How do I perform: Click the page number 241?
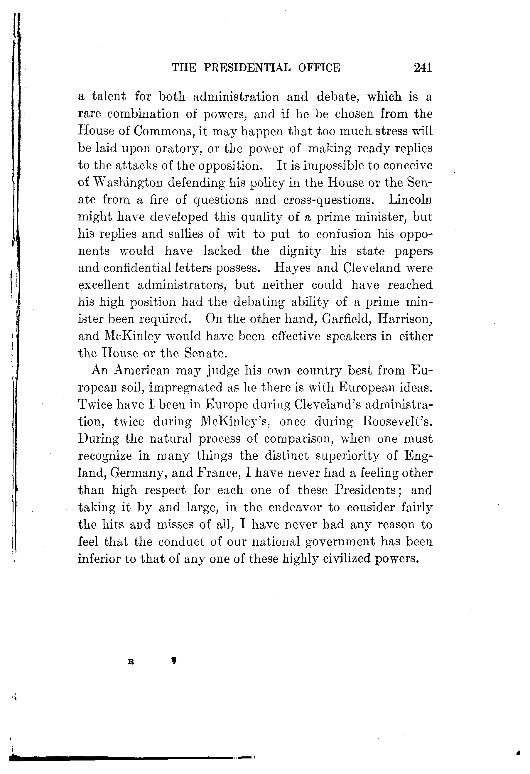coord(423,68)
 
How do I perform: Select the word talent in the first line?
coord(109,97)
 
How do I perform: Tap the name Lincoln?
coord(410,200)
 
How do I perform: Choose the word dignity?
coord(300,251)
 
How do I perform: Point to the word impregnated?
coord(185,388)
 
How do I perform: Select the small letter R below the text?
coord(131,662)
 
